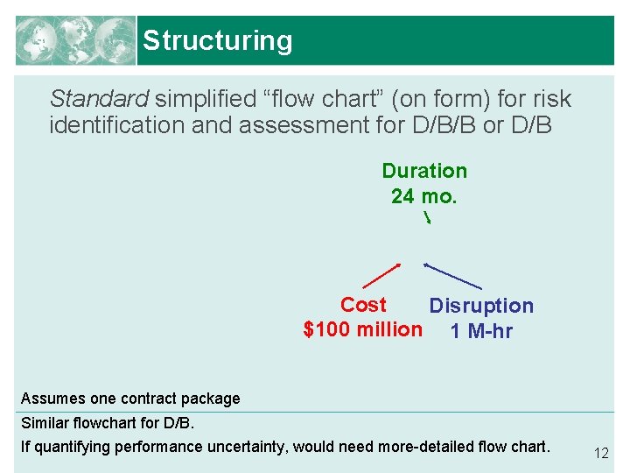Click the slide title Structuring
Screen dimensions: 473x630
click(x=217, y=40)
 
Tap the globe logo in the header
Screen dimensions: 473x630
click(x=75, y=40)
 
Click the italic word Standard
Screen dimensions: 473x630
click(x=99, y=98)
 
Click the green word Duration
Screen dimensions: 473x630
click(x=424, y=171)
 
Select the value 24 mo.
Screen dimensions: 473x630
click(x=423, y=196)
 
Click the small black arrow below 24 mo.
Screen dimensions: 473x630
click(x=427, y=218)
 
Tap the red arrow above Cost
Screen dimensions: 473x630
click(x=381, y=275)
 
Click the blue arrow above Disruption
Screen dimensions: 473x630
click(x=452, y=276)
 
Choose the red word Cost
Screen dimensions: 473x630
click(x=363, y=305)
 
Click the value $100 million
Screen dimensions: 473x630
click(x=362, y=330)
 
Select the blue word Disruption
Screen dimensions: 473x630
click(x=480, y=306)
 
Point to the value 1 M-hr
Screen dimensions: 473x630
click(x=480, y=331)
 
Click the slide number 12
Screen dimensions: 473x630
click(x=601, y=453)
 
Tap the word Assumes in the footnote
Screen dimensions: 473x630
click(x=52, y=399)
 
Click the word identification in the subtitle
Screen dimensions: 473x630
click(x=118, y=125)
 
